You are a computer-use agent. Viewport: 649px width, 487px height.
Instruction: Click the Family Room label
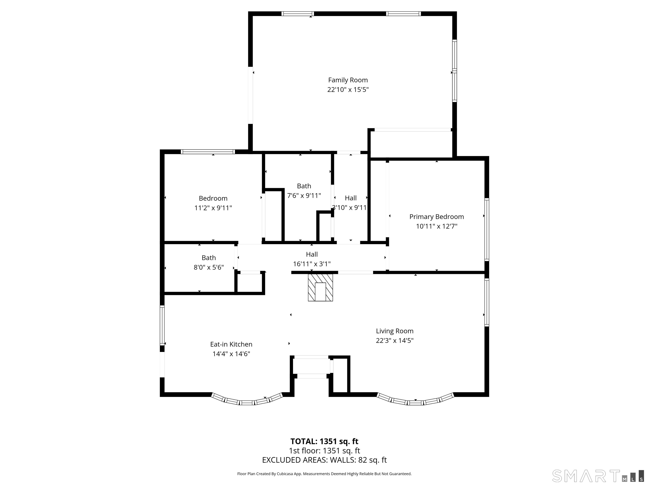point(348,80)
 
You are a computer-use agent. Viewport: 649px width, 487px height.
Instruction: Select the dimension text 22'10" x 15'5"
point(348,90)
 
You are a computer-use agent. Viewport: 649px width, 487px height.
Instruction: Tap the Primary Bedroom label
point(437,217)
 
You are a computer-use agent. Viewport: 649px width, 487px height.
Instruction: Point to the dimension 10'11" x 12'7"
point(437,226)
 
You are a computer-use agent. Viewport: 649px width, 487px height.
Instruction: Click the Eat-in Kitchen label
point(231,344)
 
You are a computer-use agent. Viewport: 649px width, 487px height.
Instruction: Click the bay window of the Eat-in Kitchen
point(247,400)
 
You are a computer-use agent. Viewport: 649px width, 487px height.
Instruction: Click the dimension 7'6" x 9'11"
point(304,196)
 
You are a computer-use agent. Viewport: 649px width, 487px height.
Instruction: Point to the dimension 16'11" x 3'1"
point(312,264)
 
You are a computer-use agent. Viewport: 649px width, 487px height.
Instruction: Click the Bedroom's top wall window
point(208,152)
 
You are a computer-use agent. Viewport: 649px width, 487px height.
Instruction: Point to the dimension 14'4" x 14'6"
point(231,354)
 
